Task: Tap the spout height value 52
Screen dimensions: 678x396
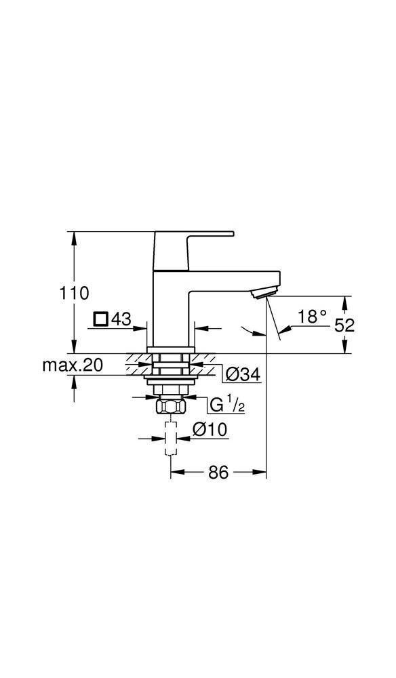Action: pos(344,324)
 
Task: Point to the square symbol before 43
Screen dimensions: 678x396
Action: pos(100,319)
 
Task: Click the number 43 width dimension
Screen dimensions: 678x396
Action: pos(120,319)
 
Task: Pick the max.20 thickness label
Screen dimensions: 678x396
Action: pos(73,365)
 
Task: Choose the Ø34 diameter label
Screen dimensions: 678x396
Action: pos(242,374)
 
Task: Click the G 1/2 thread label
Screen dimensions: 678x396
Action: pos(226,405)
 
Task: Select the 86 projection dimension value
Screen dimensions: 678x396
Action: pos(218,473)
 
